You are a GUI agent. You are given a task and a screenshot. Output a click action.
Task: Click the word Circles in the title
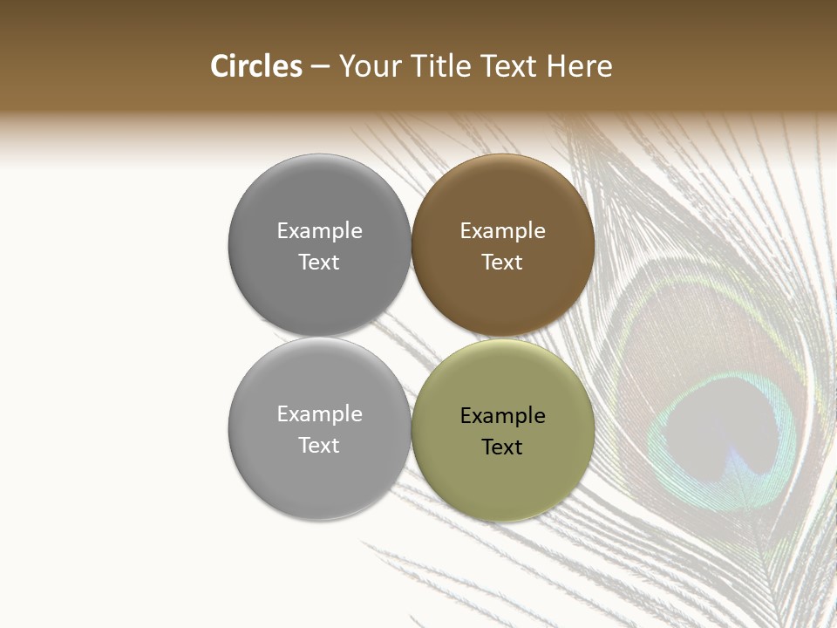[256, 66]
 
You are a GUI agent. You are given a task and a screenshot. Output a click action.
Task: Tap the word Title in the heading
[441, 66]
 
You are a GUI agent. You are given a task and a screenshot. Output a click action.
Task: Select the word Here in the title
[580, 66]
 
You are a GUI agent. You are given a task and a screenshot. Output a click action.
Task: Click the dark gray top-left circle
[319, 201]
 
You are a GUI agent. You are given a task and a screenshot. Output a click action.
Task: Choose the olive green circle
[503, 480]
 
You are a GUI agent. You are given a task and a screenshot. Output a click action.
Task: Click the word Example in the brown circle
[503, 230]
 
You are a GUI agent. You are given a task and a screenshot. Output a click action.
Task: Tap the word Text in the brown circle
[502, 262]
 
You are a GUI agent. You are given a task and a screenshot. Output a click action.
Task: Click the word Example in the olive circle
[503, 415]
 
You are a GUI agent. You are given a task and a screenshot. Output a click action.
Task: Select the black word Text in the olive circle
[502, 447]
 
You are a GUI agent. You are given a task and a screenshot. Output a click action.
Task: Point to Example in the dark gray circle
[319, 230]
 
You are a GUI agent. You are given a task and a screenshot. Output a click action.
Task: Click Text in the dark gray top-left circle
[319, 262]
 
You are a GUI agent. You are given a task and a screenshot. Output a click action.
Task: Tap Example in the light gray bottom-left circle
[319, 413]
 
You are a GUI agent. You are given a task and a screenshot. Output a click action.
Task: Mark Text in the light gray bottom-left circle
[319, 445]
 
